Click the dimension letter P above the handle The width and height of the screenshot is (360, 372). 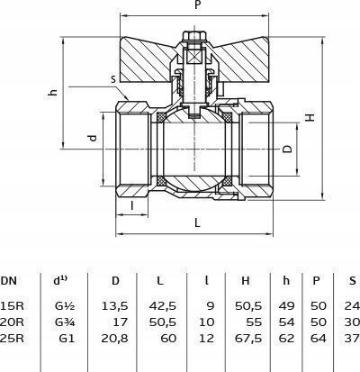(x=197, y=5)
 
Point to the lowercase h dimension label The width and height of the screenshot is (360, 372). (x=52, y=92)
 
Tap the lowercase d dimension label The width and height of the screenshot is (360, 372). (x=94, y=138)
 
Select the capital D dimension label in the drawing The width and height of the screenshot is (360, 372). (x=287, y=149)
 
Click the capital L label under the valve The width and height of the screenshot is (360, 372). (x=197, y=222)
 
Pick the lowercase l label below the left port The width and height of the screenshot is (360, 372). (x=132, y=205)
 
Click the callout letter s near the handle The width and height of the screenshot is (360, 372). (x=113, y=79)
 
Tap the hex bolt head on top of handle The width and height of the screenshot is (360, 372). (x=194, y=36)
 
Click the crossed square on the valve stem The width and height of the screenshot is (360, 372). (x=194, y=57)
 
